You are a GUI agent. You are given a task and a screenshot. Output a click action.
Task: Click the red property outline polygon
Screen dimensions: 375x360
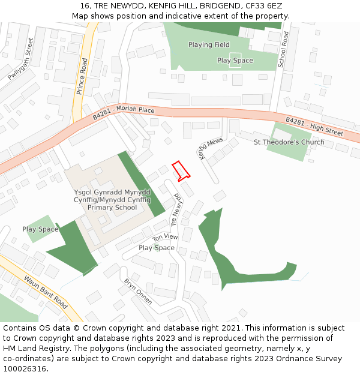(x=181, y=170)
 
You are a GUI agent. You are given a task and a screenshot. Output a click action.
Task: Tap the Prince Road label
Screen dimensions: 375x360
(x=82, y=77)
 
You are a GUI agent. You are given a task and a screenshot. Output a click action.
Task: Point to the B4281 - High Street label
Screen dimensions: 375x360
(x=314, y=127)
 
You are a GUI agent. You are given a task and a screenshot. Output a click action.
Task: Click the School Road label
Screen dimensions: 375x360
(x=284, y=49)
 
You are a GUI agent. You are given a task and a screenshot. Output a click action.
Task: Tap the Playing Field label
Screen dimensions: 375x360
(x=209, y=44)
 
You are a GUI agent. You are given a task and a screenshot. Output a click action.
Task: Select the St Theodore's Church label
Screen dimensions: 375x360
(x=289, y=142)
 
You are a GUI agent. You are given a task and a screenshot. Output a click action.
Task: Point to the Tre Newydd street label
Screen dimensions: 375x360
(x=177, y=209)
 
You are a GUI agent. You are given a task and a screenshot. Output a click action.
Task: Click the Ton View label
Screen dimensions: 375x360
(x=166, y=238)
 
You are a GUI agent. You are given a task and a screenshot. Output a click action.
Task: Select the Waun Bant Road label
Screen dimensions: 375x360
(x=45, y=290)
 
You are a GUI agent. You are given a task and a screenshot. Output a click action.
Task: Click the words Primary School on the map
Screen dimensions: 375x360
(x=112, y=208)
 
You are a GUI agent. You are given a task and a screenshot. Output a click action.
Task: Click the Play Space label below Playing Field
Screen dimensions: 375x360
(x=235, y=61)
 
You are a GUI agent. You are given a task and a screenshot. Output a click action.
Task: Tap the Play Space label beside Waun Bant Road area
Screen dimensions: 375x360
(x=40, y=229)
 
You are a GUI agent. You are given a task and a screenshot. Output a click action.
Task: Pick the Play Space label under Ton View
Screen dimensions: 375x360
(x=157, y=248)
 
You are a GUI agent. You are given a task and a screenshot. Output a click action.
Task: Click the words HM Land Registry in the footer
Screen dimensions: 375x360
(x=31, y=349)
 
